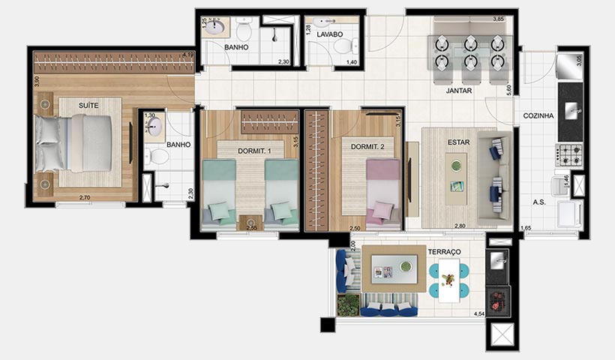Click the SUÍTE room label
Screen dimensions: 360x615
point(88,106)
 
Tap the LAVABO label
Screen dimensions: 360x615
point(329,34)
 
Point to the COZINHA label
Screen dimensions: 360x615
point(538,115)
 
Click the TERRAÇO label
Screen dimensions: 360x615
point(445,251)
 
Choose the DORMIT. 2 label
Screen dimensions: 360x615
point(367,148)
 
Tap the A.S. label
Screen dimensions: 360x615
point(538,202)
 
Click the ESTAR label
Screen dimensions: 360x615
point(458,142)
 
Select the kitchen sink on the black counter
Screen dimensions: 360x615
point(574,112)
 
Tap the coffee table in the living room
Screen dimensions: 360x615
point(456,173)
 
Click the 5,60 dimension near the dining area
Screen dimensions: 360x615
point(508,89)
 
